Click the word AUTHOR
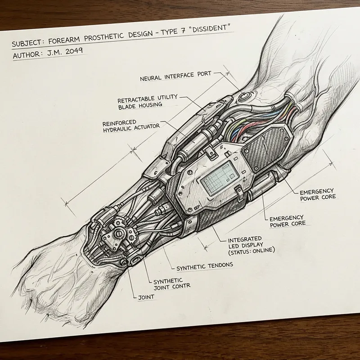[27, 55]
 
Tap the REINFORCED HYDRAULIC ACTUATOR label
[131, 125]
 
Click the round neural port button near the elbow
[246, 96]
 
